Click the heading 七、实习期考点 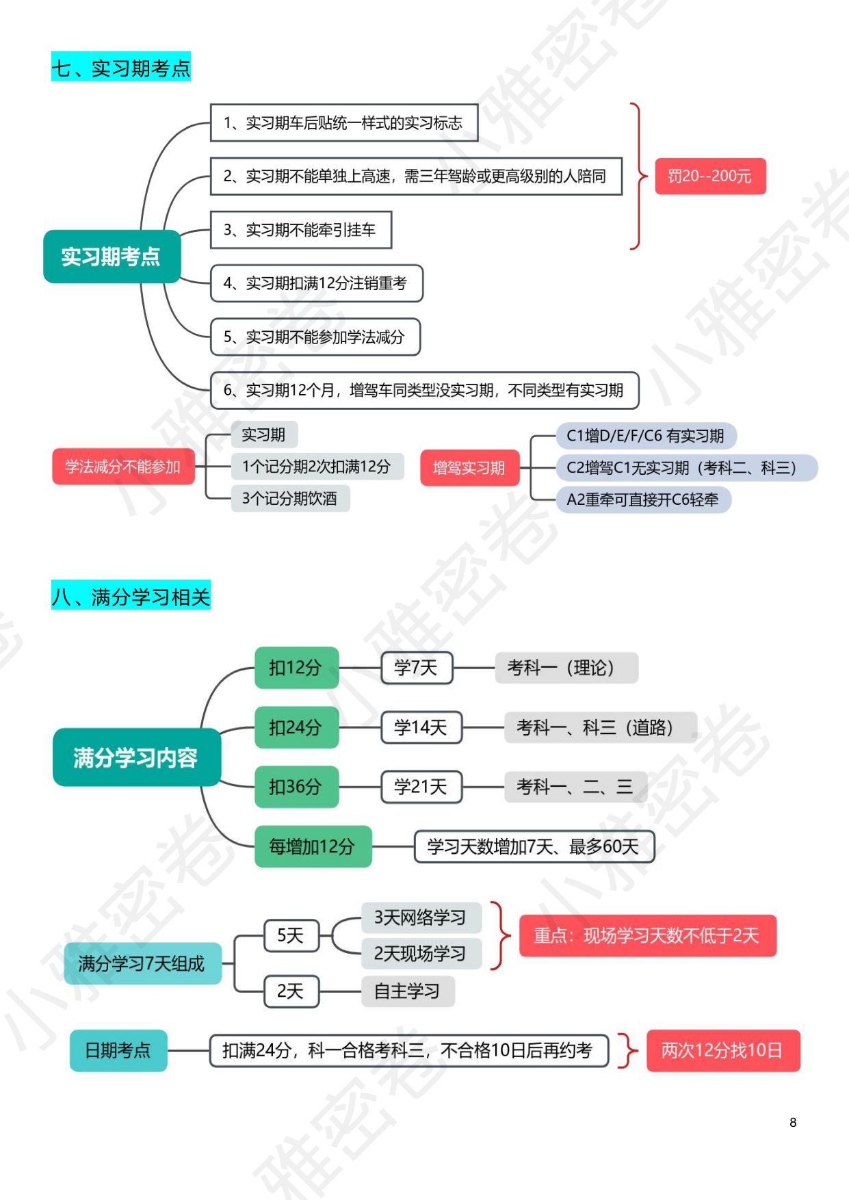121,68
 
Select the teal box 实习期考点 112,257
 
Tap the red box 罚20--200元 710,177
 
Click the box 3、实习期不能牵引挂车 301,230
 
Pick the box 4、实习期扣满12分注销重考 316,283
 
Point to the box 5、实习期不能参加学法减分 315,337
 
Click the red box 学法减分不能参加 123,467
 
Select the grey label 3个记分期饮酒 290,498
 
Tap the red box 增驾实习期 469,468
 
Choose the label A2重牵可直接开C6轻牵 643,499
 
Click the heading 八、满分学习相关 131,597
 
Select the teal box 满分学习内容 136,757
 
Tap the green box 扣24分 296,727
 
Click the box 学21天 421,787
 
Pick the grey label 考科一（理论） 566,668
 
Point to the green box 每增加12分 313,847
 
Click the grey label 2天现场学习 421,953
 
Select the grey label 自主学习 408,991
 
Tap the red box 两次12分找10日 722,1050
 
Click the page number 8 793,1122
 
